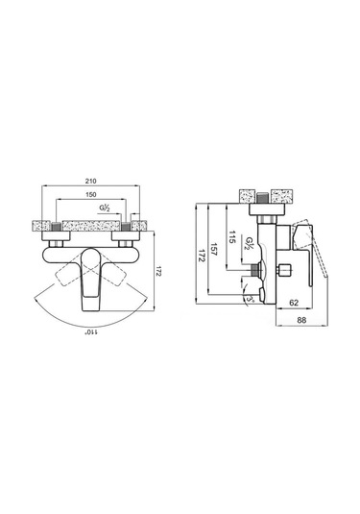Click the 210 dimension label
[x=91, y=181]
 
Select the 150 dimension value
[x=91, y=195]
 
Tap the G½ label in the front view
[x=105, y=208]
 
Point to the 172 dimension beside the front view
[x=158, y=271]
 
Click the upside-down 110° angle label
[x=92, y=332]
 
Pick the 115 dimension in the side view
[x=232, y=236]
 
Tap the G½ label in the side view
[x=250, y=243]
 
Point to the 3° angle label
[x=251, y=299]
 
